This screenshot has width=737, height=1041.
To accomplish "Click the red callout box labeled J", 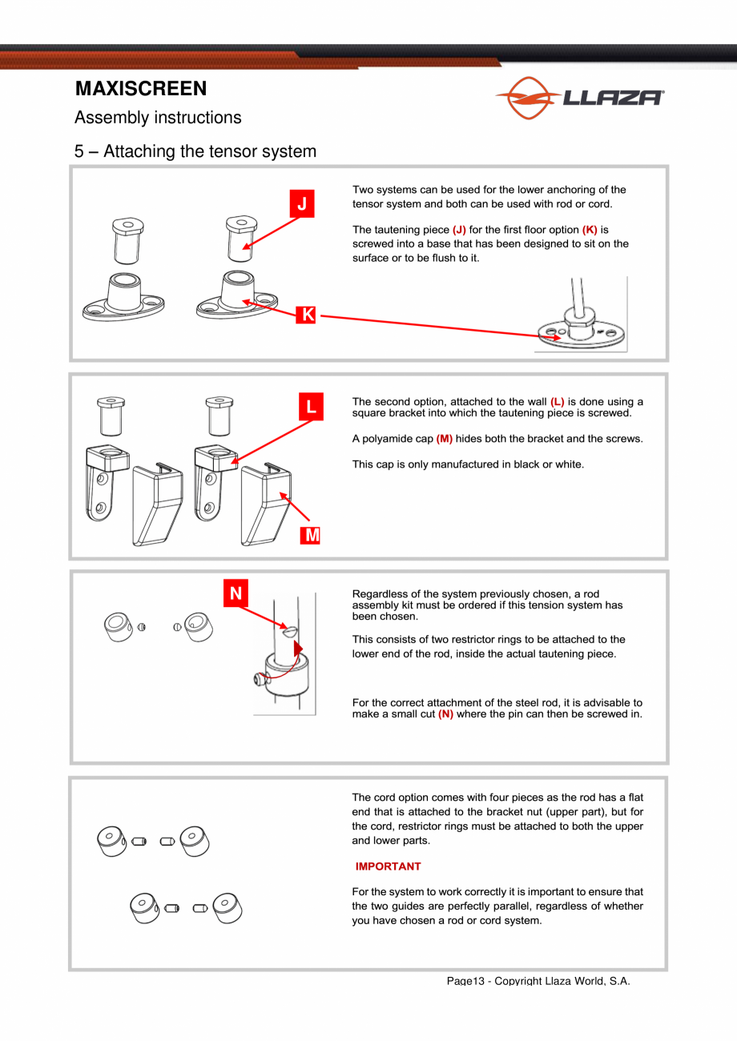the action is (302, 203).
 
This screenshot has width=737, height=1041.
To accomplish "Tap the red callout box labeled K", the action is (306, 315).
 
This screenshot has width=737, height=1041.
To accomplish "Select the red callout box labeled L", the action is (311, 407).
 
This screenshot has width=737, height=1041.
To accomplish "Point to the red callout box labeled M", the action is (310, 535).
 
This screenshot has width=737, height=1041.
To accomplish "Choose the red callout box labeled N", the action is (236, 593).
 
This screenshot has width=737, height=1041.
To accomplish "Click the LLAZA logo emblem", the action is (528, 98).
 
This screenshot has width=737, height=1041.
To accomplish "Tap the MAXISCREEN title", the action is (141, 88).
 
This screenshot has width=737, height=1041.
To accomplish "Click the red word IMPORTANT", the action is (389, 866).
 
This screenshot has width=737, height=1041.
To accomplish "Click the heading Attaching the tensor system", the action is (210, 151).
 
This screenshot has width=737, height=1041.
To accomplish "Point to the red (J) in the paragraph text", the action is (459, 230).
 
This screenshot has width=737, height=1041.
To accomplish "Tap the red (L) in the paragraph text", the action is (557, 401).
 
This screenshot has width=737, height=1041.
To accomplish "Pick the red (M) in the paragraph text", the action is (445, 439).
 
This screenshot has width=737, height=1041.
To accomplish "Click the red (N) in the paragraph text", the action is (446, 713).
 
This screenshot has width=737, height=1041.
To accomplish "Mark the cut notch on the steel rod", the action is (290, 632).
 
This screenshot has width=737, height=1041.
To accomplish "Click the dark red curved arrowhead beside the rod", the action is (298, 649).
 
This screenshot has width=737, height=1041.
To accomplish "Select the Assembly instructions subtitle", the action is (158, 118).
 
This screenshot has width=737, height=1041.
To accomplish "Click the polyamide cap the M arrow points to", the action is (266, 504).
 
